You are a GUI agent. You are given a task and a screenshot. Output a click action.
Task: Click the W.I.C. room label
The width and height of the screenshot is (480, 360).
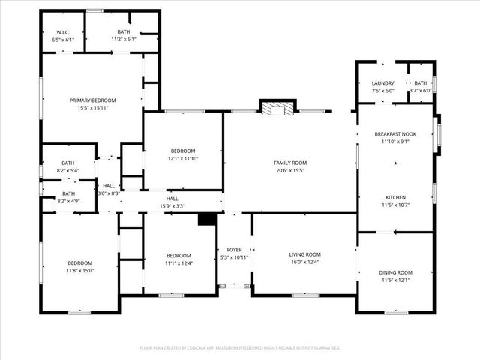(x=62, y=32)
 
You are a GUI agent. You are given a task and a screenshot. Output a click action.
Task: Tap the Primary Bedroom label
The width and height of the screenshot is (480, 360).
(x=93, y=100)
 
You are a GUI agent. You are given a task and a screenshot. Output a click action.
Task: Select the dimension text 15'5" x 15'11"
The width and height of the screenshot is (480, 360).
(x=93, y=108)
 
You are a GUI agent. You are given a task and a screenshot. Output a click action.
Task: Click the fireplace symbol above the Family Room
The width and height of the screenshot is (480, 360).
(x=278, y=109)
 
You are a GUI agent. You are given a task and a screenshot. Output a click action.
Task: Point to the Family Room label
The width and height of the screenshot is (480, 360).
(x=289, y=163)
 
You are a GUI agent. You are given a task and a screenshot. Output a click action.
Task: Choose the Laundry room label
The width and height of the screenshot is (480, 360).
(x=382, y=83)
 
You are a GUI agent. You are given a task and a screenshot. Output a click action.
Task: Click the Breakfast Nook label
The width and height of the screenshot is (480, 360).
(x=395, y=134)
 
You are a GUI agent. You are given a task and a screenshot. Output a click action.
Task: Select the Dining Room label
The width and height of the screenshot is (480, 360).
(x=395, y=272)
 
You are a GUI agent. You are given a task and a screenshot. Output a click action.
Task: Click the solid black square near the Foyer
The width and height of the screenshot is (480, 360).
(x=207, y=218)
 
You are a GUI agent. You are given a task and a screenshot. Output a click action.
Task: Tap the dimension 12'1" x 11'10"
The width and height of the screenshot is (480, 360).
(x=183, y=158)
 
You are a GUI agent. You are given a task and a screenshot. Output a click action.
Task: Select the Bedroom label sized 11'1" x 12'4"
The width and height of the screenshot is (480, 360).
(x=178, y=255)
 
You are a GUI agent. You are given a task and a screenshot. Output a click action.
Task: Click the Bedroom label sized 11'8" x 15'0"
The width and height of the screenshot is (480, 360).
(x=80, y=262)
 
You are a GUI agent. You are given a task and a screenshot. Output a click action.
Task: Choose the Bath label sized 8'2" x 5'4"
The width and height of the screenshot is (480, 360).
(x=68, y=163)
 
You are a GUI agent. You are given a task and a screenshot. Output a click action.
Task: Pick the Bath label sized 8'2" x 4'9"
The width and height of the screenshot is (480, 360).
(x=68, y=193)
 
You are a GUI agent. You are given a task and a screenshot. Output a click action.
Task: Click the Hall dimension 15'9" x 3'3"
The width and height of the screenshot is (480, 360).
(x=172, y=206)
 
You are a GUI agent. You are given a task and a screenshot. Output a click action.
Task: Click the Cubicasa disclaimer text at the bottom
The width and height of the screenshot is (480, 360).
(x=240, y=348)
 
